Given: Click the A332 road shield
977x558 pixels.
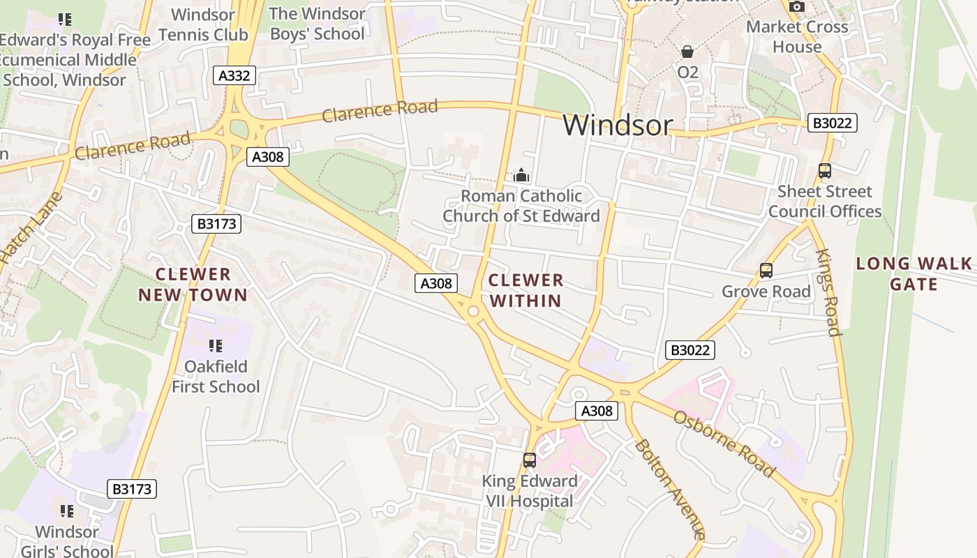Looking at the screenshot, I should pyautogui.click(x=234, y=75).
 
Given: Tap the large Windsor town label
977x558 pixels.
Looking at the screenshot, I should pyautogui.click(x=618, y=126).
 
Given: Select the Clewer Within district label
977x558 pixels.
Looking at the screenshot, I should pyautogui.click(x=525, y=290).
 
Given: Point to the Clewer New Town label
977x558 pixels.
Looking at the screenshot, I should pyautogui.click(x=193, y=285).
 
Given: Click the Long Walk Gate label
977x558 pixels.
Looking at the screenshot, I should pyautogui.click(x=913, y=273).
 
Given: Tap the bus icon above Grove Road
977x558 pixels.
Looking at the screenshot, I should pyautogui.click(x=766, y=271).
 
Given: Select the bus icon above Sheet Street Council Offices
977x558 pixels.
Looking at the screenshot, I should pyautogui.click(x=824, y=171).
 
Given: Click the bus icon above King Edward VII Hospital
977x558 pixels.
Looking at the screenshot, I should pyautogui.click(x=530, y=460).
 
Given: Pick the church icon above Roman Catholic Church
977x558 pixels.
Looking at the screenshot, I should pyautogui.click(x=521, y=176).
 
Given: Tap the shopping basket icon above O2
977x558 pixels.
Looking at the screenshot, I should pyautogui.click(x=687, y=52).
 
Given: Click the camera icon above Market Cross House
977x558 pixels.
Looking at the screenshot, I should pyautogui.click(x=796, y=7).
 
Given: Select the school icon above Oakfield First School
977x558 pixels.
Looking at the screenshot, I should pyautogui.click(x=215, y=345).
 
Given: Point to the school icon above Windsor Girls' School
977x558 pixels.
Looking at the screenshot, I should pyautogui.click(x=66, y=511).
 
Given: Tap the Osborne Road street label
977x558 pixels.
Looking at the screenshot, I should pyautogui.click(x=724, y=444).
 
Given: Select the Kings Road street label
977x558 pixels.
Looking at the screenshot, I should pyautogui.click(x=828, y=292).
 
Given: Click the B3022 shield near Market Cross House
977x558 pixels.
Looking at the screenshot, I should pyautogui.click(x=832, y=123).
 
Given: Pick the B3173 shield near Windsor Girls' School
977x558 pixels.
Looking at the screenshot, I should pyautogui.click(x=132, y=489).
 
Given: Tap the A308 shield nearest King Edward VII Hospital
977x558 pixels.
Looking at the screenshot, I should pyautogui.click(x=597, y=411).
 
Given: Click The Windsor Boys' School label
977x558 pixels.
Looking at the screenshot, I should pyautogui.click(x=317, y=23).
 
